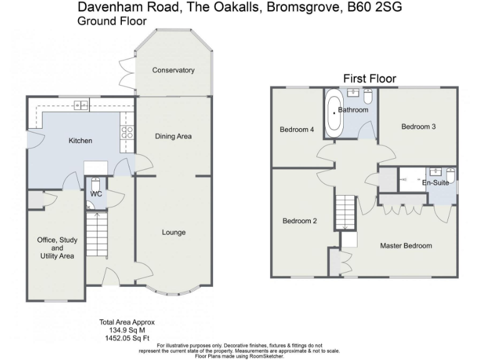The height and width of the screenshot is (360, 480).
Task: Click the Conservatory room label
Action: point(173,70)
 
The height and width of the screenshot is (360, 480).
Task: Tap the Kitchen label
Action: point(80,141)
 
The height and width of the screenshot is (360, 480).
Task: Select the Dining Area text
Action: point(173,136)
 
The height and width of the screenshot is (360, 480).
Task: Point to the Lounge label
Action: point(174,232)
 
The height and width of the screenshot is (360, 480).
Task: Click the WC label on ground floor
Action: point(96,194)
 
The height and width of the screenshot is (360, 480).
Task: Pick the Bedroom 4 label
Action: point(296,130)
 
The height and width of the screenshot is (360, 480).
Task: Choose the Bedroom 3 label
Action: point(418,126)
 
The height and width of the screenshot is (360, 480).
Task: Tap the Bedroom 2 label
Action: point(299,221)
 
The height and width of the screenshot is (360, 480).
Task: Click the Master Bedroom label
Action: point(406,246)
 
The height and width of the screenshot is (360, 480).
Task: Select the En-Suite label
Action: point(435,182)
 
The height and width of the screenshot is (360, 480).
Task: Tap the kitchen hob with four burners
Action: point(127,132)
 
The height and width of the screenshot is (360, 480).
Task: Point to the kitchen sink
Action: point(81,105)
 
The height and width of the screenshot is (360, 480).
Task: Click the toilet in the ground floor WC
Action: point(95,184)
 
